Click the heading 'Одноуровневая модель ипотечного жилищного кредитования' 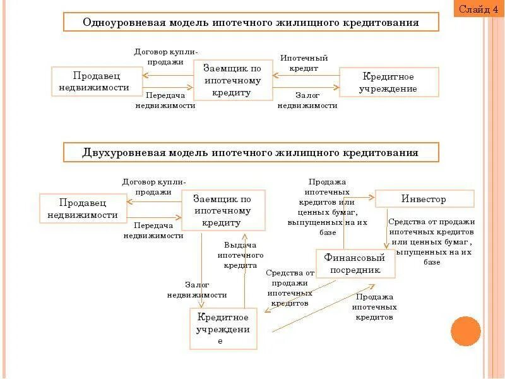(251, 23)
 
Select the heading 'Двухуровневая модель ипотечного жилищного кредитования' (251, 153)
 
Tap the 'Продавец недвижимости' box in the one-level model (97, 82)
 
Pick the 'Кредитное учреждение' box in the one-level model (389, 82)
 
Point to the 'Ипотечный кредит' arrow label (304, 63)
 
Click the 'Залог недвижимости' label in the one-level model (307, 100)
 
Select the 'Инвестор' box (424, 199)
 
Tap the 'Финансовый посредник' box (355, 263)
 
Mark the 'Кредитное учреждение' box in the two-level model (223, 328)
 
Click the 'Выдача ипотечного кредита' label (240, 255)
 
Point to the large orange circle (466, 332)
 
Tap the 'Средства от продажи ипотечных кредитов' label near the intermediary (290, 288)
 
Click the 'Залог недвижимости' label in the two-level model (197, 290)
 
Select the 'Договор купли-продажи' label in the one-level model (166, 57)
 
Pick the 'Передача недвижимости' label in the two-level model (153, 230)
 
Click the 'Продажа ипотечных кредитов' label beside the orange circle (374, 307)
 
